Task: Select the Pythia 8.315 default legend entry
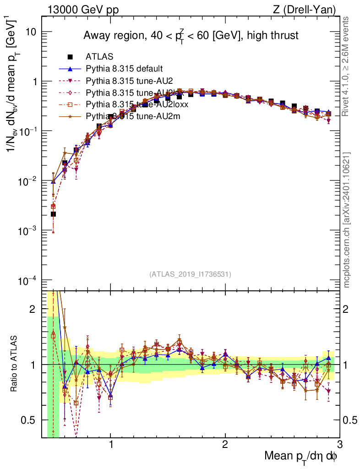(x=124, y=69)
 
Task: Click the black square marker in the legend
(x=70, y=57)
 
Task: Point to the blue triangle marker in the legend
(x=70, y=69)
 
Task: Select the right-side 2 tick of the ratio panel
(x=347, y=309)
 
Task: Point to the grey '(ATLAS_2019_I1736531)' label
(x=190, y=274)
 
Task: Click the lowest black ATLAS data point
(x=53, y=214)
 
